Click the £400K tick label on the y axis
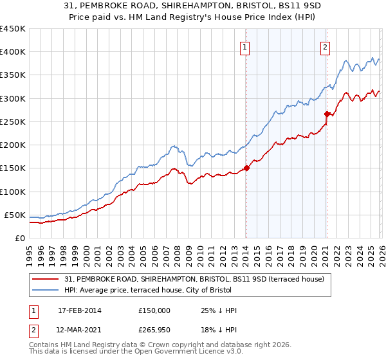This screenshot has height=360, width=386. coord(13,52)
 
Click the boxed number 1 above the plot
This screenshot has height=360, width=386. coord(246,46)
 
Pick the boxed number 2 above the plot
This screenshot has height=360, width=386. coord(326,46)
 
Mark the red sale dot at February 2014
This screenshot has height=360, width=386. coord(246,168)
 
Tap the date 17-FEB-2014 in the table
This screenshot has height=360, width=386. coord(79,310)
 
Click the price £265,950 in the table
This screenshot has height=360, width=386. coord(154,330)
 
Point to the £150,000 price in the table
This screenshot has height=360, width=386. coord(154,310)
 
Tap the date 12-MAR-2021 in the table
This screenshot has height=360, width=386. coord(79,330)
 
